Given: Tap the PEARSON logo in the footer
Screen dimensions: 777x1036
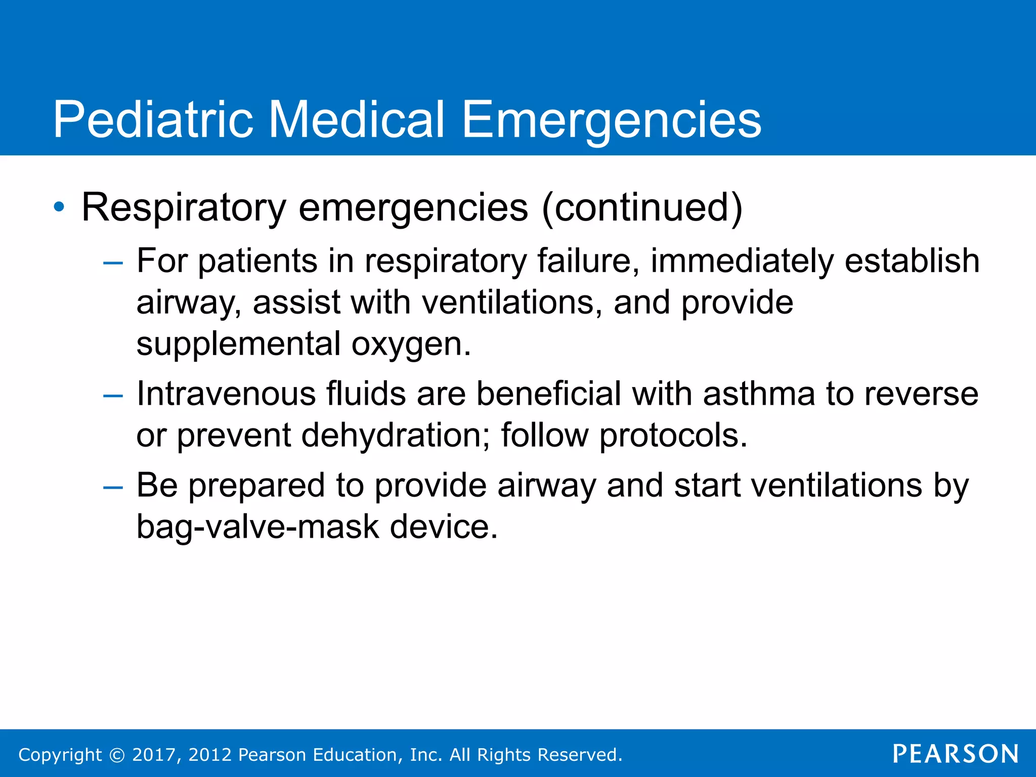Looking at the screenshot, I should pyautogui.click(x=956, y=754).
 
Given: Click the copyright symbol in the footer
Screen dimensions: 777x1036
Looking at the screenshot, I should pyautogui.click(x=117, y=755).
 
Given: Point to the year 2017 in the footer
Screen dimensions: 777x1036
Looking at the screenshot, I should pyautogui.click(x=153, y=755).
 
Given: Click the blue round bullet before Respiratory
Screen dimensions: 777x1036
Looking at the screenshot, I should pyautogui.click(x=59, y=207).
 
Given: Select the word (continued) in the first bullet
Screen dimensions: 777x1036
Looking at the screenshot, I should pyautogui.click(x=641, y=207).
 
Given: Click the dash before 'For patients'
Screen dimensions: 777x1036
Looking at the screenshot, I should pyautogui.click(x=112, y=263).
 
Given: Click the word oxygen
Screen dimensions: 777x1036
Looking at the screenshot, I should pyautogui.click(x=411, y=344).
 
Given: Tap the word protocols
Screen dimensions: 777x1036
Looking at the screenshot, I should pyautogui.click(x=673, y=435).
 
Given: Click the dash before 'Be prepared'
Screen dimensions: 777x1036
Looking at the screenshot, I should pyautogui.click(x=112, y=487).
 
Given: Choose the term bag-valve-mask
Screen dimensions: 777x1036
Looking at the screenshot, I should pyautogui.click(x=257, y=527).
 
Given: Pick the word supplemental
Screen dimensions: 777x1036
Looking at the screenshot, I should pyautogui.click(x=239, y=344).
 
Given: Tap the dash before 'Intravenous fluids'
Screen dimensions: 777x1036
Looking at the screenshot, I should pyautogui.click(x=112, y=396).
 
